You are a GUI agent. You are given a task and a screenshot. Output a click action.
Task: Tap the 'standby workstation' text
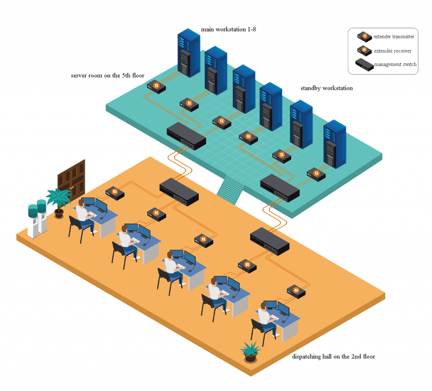click(x=327, y=88)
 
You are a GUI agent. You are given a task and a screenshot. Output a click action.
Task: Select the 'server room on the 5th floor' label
click(x=108, y=76)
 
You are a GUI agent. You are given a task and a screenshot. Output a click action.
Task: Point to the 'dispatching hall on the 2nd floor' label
click(x=333, y=357)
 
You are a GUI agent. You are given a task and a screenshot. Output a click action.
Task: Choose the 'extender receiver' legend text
click(x=392, y=51)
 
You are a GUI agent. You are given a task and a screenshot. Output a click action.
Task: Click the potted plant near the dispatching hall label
click(x=251, y=352)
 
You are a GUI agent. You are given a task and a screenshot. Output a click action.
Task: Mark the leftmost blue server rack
click(x=188, y=53)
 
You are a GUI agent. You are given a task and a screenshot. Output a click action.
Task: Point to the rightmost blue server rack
click(x=335, y=144)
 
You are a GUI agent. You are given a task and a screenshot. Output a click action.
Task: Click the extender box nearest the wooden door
click(x=115, y=193)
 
